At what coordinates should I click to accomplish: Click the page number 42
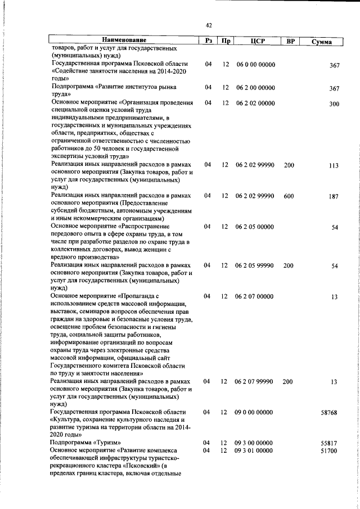(x=208, y=25)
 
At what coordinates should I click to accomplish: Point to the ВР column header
(x=291, y=41)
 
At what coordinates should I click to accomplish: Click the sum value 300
(x=334, y=104)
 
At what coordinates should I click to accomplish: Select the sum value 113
(x=334, y=165)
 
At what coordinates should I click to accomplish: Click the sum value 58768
(x=329, y=412)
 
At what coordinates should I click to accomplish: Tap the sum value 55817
(x=329, y=443)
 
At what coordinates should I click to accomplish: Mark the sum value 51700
(x=329, y=451)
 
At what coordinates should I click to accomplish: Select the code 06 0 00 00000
(x=255, y=65)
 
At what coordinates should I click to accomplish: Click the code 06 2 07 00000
(x=255, y=296)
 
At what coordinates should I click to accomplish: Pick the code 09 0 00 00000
(x=255, y=412)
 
